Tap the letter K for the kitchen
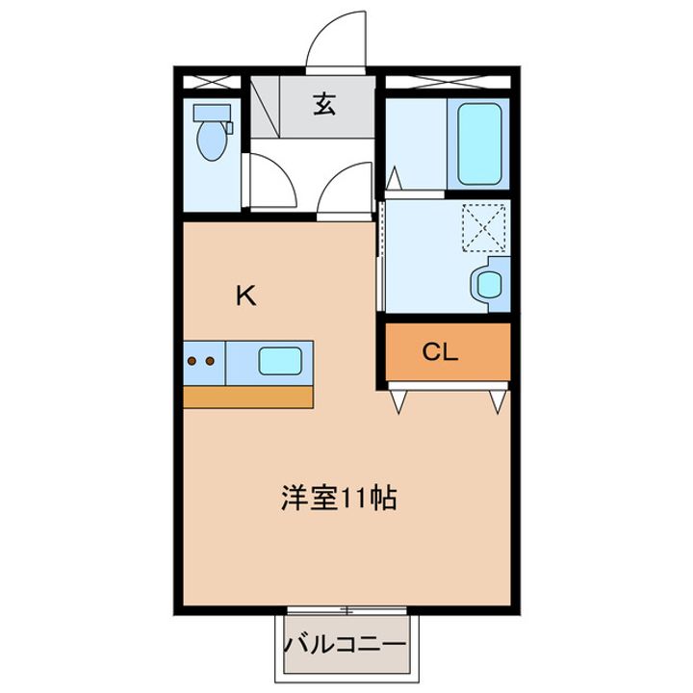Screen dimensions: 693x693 point(247,296)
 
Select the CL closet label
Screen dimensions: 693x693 point(439,352)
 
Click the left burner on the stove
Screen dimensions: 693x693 point(192,362)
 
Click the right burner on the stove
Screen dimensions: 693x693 point(209,362)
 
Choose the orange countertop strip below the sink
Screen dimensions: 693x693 point(248,396)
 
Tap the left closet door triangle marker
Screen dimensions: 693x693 point(398,398)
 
